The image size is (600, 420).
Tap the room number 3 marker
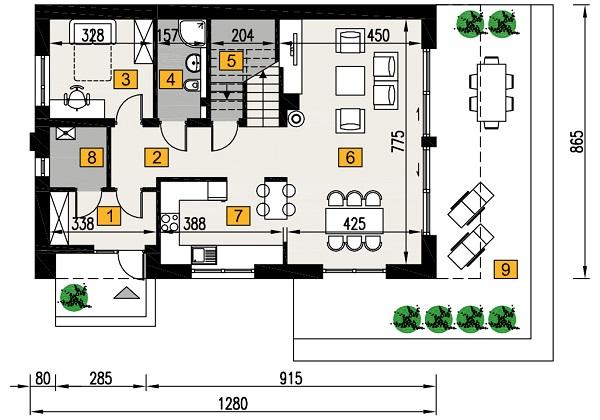[x=125, y=78]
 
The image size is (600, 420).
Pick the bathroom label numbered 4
[x=171, y=78]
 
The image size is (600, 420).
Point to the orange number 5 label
[x=230, y=60]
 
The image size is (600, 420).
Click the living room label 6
[x=349, y=156]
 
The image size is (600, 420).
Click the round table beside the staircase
[x=296, y=118]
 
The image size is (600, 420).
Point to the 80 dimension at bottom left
[x=44, y=381]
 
